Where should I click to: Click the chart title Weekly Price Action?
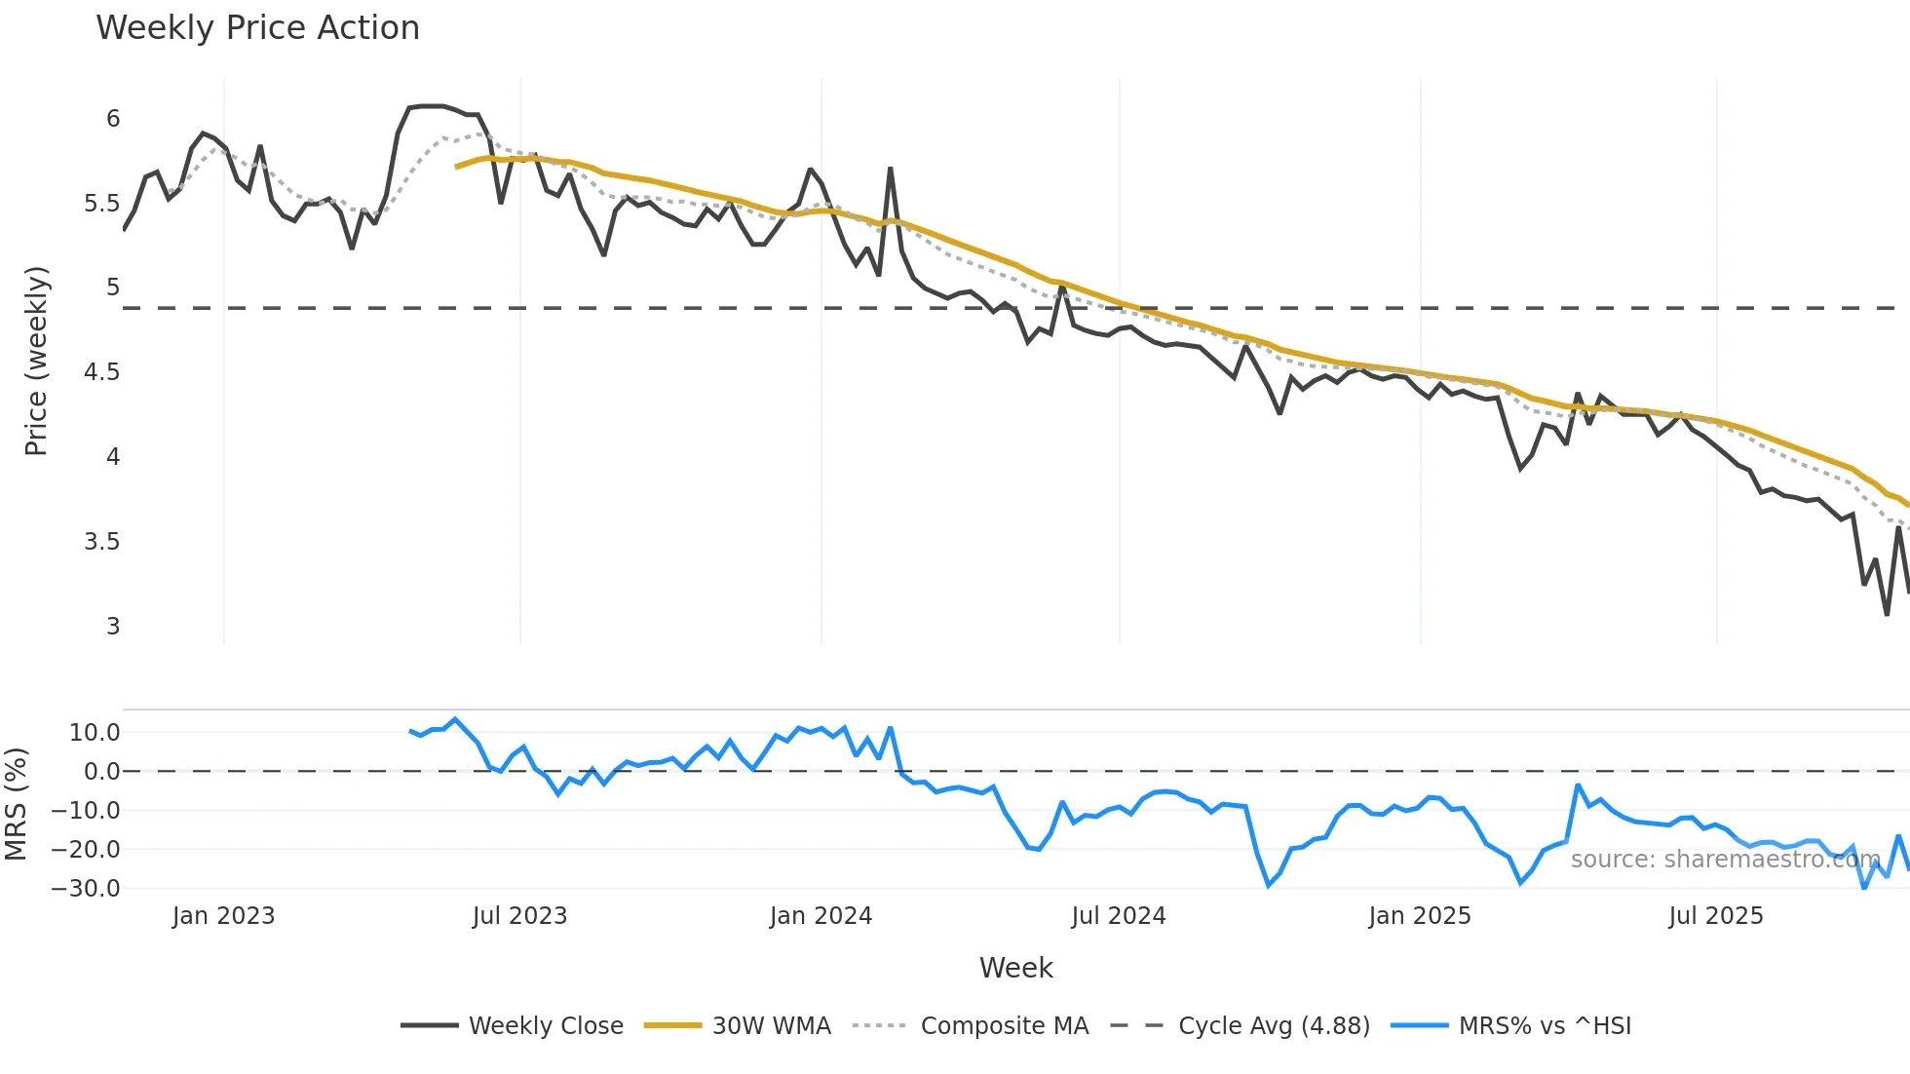[257, 28]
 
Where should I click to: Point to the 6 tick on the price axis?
[113, 119]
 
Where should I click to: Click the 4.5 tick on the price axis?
[102, 372]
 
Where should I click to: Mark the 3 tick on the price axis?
[113, 626]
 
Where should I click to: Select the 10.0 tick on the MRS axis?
[95, 733]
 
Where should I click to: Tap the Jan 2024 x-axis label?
[821, 916]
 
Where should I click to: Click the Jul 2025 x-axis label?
[1715, 916]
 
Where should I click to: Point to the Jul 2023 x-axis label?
[519, 916]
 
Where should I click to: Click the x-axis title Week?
[1015, 968]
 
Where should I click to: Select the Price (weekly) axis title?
[36, 361]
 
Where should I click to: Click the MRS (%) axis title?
[16, 804]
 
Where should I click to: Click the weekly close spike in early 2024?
[891, 169]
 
